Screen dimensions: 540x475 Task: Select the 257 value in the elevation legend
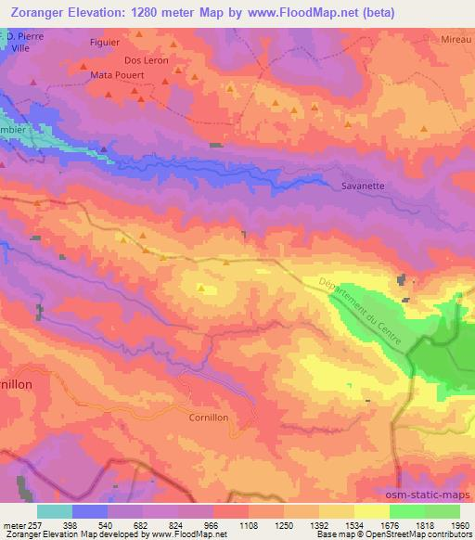(x=34, y=524)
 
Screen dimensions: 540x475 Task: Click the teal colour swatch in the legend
(x=55, y=511)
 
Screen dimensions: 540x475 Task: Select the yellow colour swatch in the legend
(x=371, y=511)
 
